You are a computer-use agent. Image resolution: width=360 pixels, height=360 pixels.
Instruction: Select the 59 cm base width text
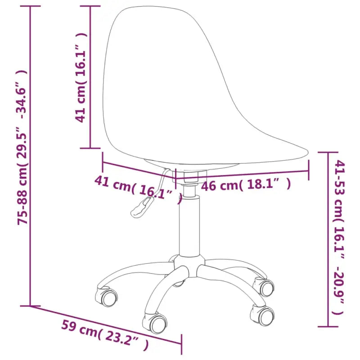77,328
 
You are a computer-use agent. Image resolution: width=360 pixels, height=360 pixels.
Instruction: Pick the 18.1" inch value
263,184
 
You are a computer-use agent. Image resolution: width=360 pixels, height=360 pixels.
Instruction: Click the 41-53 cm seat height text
338,189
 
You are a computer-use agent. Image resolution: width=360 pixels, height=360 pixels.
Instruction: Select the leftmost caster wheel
108,296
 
